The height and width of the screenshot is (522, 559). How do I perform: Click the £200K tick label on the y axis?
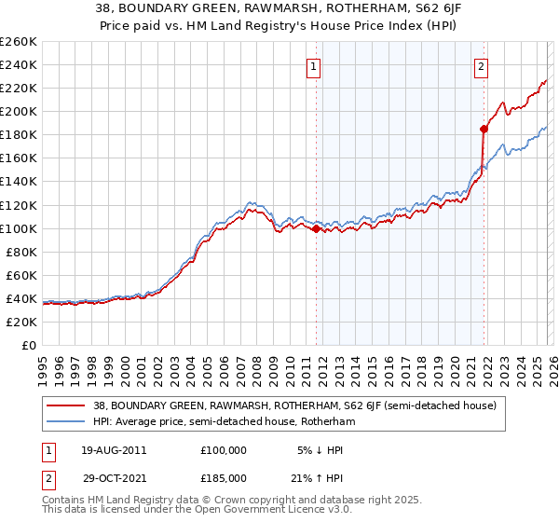tap(19, 111)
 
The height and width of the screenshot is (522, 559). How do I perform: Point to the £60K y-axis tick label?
tap(21, 275)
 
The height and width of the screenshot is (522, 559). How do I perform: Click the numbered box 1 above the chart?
tap(314, 66)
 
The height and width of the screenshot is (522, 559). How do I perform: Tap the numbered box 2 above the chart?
tap(481, 66)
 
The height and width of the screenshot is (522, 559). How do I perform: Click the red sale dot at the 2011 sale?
tap(316, 227)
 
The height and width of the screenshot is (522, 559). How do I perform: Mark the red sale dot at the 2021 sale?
tap(484, 129)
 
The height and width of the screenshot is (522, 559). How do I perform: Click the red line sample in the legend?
tap(66, 405)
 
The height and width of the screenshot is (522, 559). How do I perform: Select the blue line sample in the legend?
tap(66, 421)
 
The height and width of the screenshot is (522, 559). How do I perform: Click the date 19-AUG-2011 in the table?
tap(113, 449)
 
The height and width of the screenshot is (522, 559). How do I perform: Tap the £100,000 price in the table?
tap(223, 449)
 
